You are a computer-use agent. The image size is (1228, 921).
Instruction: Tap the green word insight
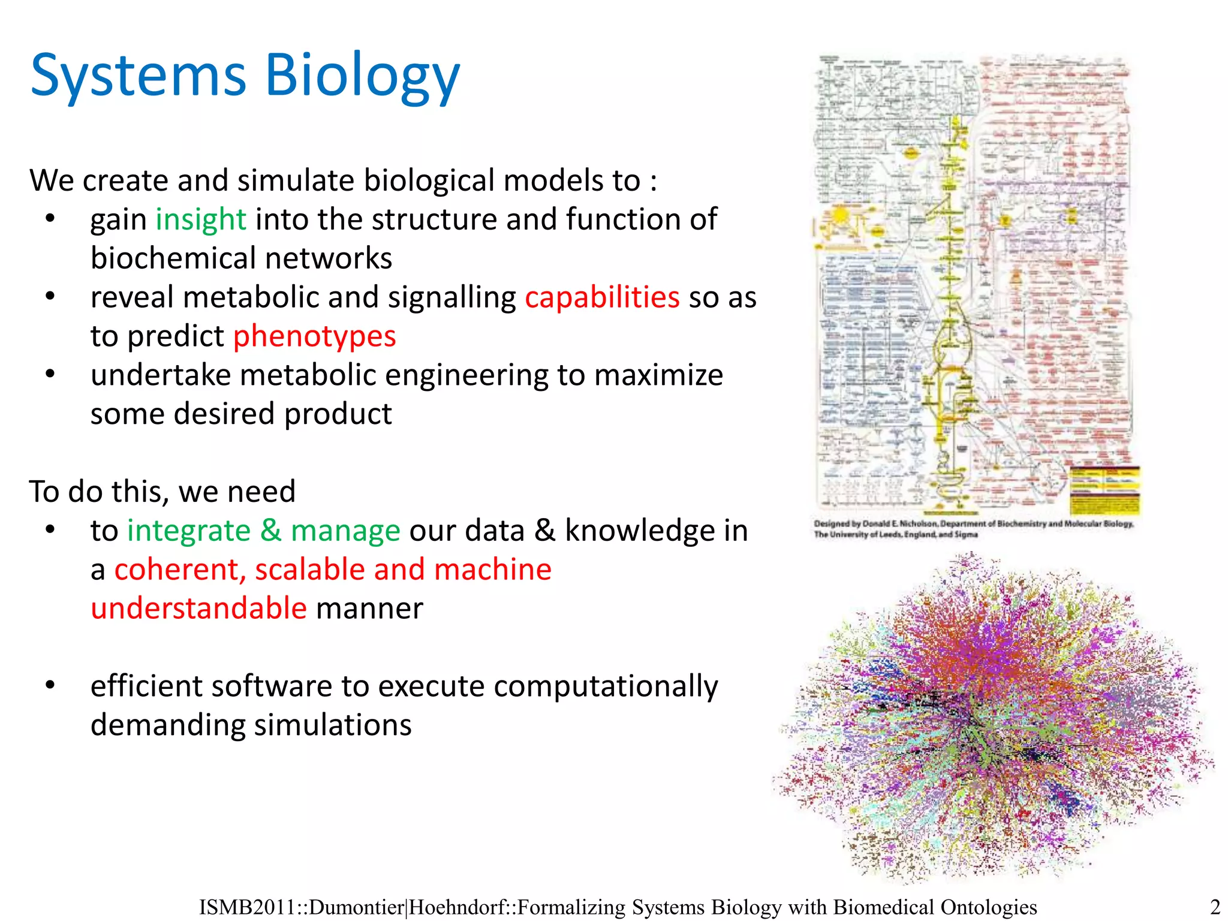(201, 219)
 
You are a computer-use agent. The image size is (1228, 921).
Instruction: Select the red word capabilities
(602, 297)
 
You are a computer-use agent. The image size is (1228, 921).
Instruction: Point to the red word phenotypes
(314, 336)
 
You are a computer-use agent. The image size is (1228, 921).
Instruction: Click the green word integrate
(189, 531)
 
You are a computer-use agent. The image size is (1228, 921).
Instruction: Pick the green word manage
(345, 531)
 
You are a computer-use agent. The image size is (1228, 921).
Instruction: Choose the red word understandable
(198, 609)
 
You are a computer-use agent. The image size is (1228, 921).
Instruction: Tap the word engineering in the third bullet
(466, 375)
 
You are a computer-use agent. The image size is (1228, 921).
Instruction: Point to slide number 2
(1215, 907)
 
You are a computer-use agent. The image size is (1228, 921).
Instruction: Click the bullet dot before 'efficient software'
(50, 685)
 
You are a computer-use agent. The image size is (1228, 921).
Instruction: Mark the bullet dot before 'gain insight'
(50, 218)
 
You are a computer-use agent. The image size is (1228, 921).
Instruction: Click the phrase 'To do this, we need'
(162, 492)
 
